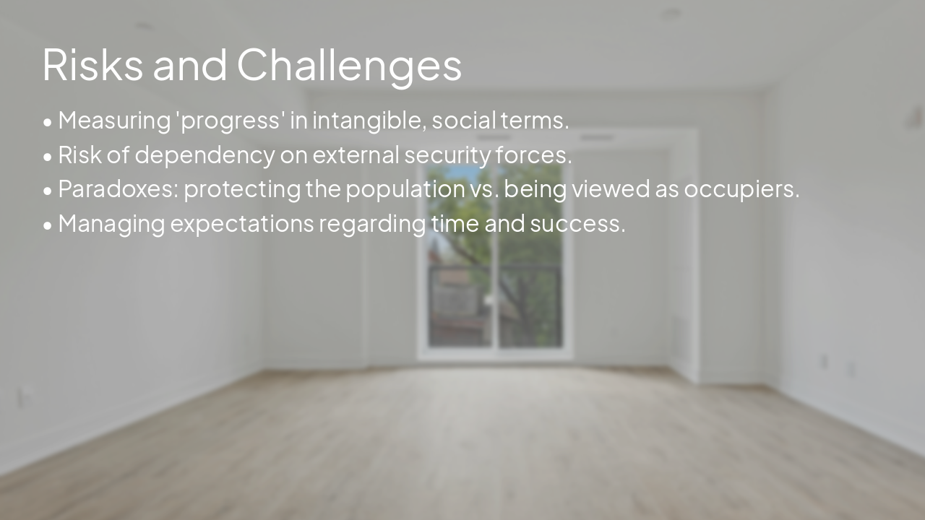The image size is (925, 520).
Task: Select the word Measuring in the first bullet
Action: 114,120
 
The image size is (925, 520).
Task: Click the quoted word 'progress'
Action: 231,120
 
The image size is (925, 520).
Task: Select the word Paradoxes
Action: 118,189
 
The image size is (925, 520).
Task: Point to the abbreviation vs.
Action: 483,189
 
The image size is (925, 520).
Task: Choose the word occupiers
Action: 741,189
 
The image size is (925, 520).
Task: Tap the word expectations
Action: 242,224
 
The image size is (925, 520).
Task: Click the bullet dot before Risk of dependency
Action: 48,156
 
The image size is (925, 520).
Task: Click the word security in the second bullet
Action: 447,155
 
